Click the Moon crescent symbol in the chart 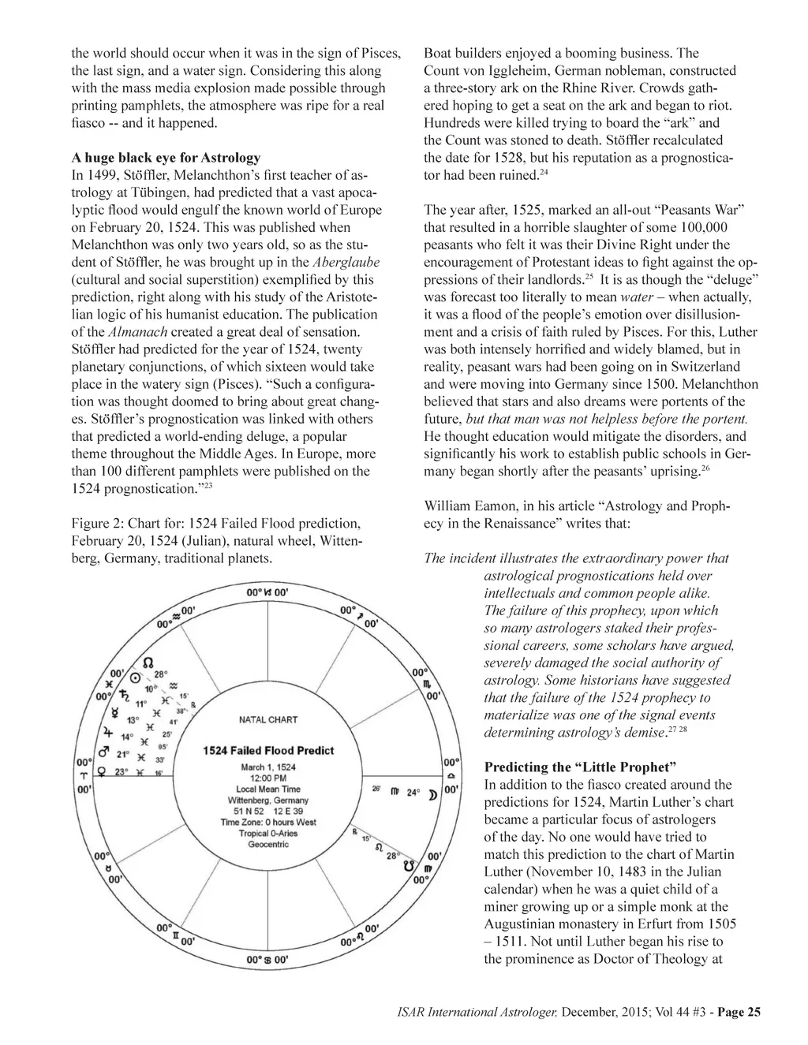(x=431, y=793)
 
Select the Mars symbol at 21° (x=102, y=752)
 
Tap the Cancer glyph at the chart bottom (x=267, y=960)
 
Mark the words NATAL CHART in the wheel (x=267, y=719)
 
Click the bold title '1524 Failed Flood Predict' (x=267, y=751)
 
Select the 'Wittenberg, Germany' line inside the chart (x=267, y=800)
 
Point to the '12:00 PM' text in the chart (x=267, y=778)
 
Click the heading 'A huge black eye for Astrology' (x=166, y=158)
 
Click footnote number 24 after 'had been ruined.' (x=543, y=172)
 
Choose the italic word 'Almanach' (x=137, y=332)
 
